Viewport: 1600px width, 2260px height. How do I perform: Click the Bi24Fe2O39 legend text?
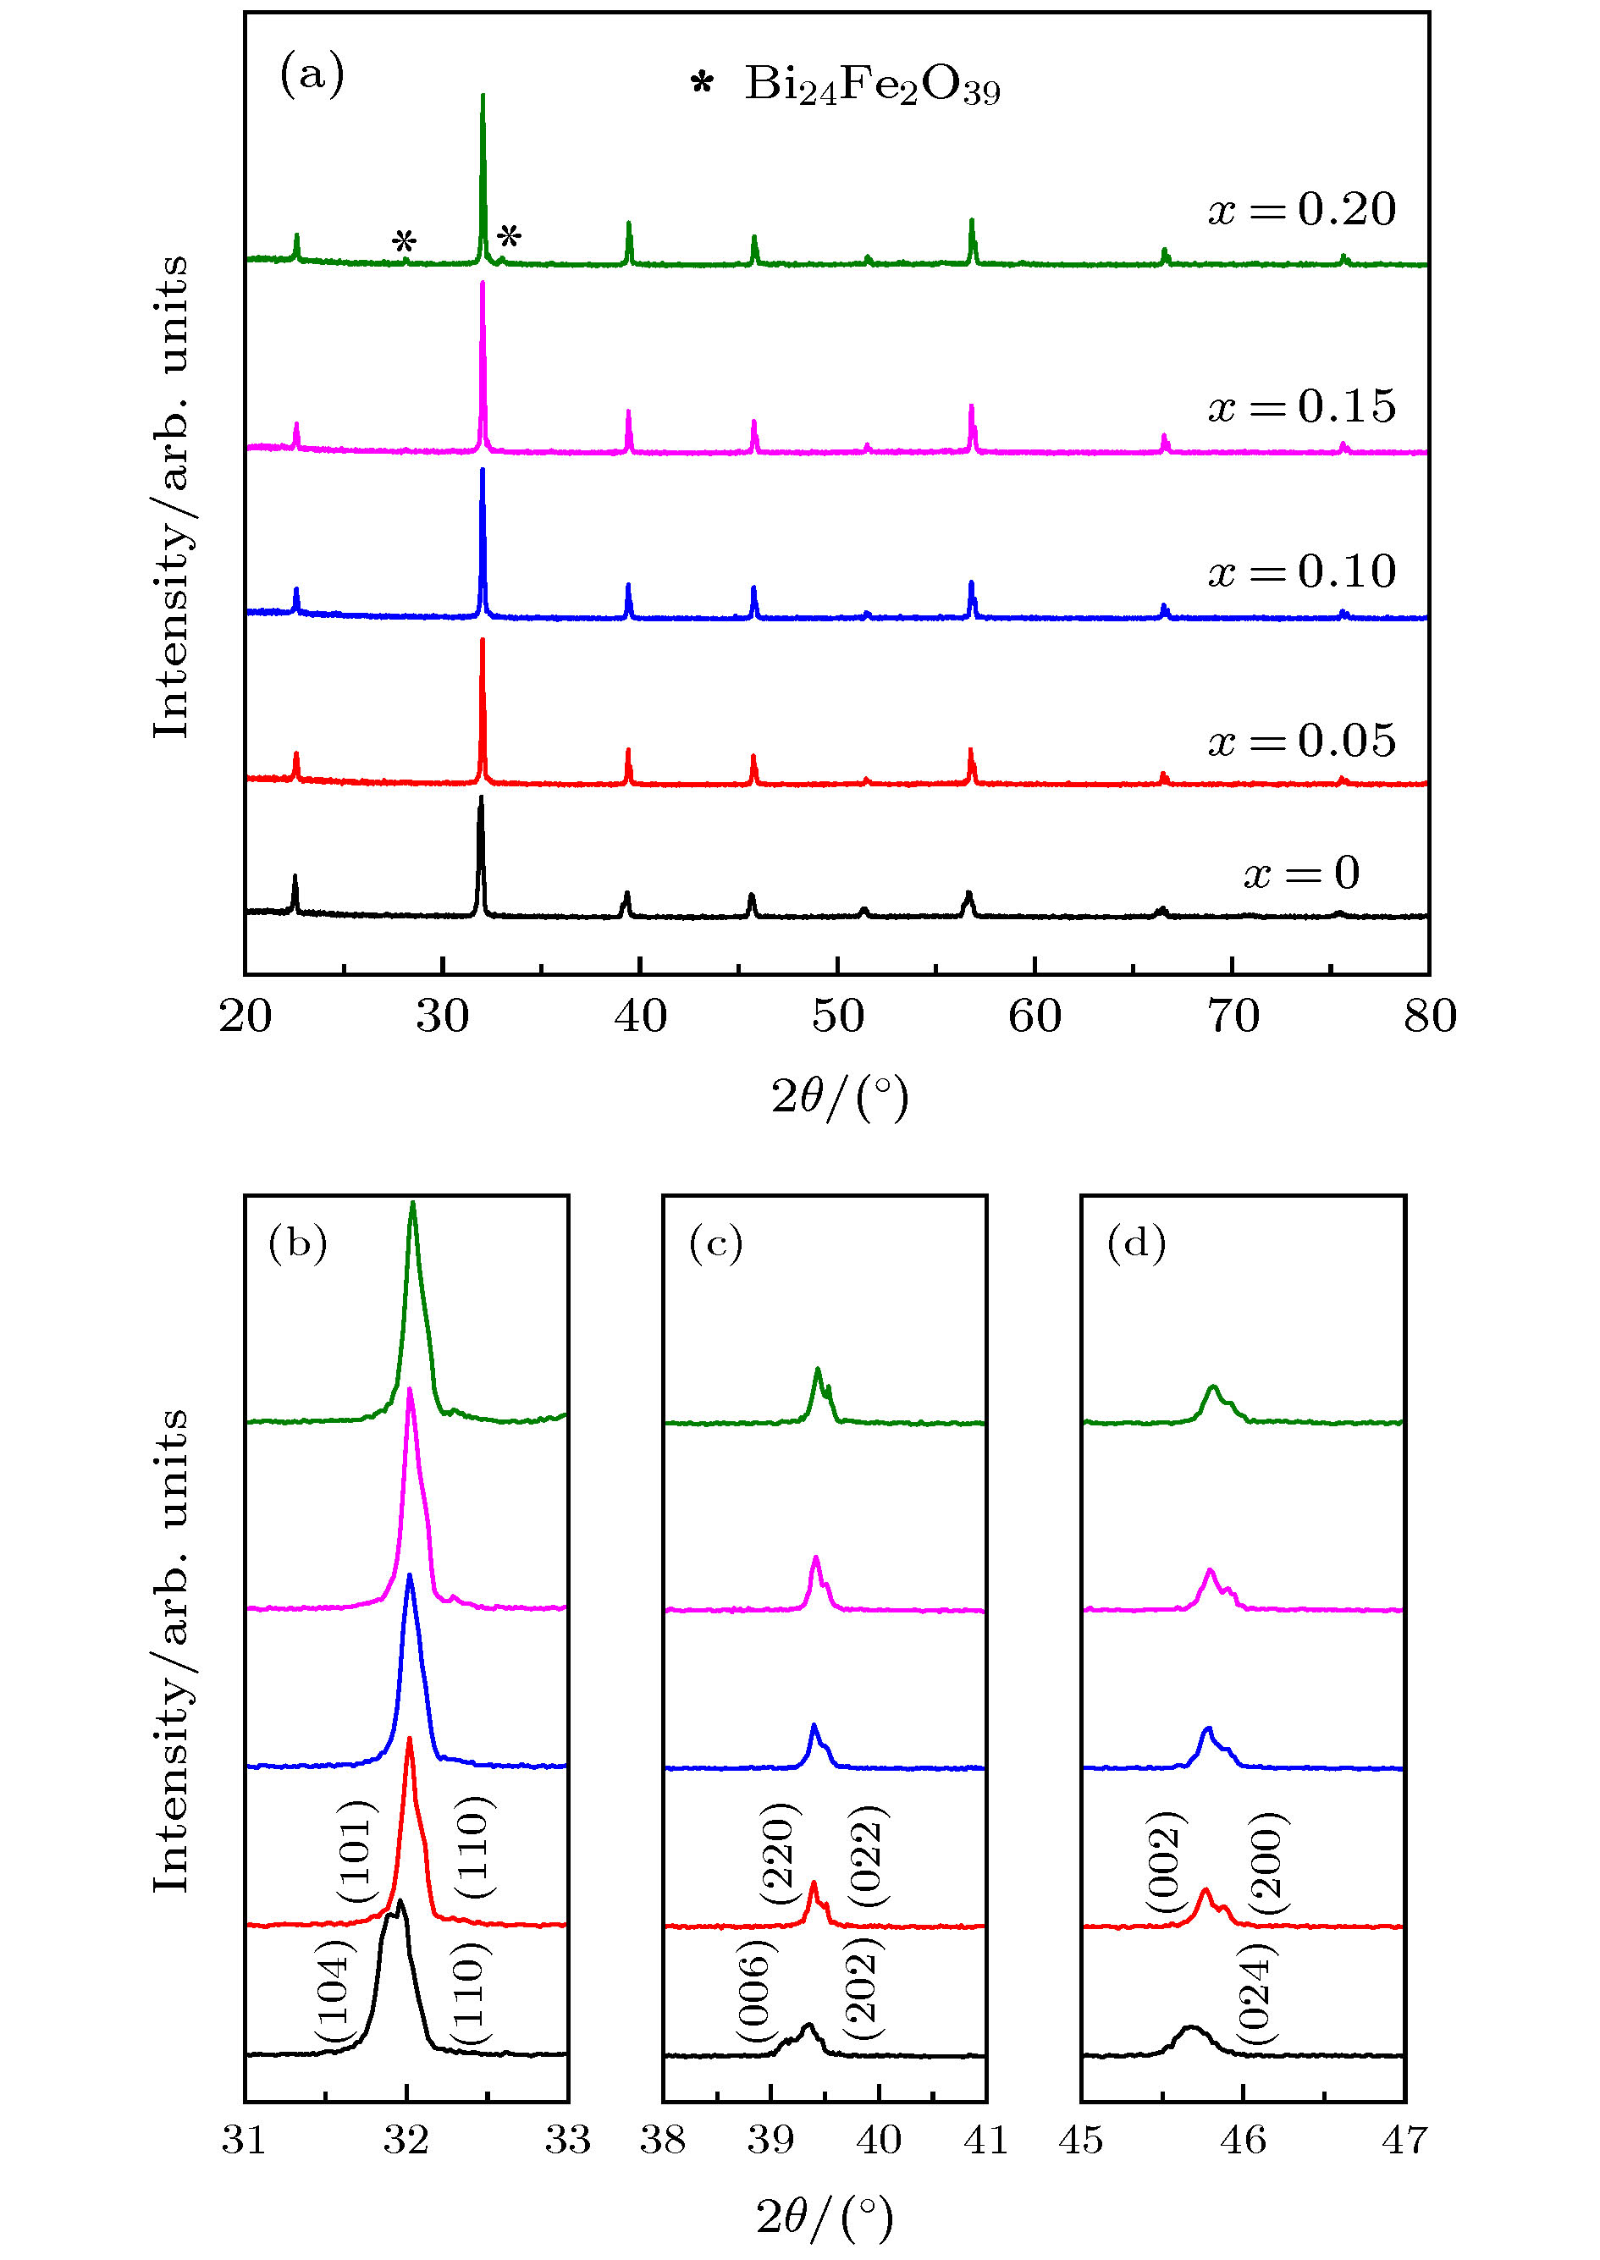coord(872,85)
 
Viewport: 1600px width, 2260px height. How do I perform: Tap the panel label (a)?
coord(312,74)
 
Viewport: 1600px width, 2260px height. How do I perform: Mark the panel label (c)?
coord(715,1244)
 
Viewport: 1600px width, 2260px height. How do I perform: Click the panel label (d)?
coord(1136,1244)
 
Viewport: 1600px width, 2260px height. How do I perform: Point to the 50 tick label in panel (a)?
coord(837,1017)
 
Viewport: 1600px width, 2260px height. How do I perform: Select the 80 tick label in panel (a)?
coord(1430,1017)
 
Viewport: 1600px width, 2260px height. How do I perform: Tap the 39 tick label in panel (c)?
coord(770,2140)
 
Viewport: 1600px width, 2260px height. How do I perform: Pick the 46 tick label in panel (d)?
coord(1244,2140)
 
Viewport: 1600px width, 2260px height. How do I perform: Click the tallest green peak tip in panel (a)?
coord(482,96)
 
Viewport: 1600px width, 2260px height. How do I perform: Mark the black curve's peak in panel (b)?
coord(400,1900)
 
